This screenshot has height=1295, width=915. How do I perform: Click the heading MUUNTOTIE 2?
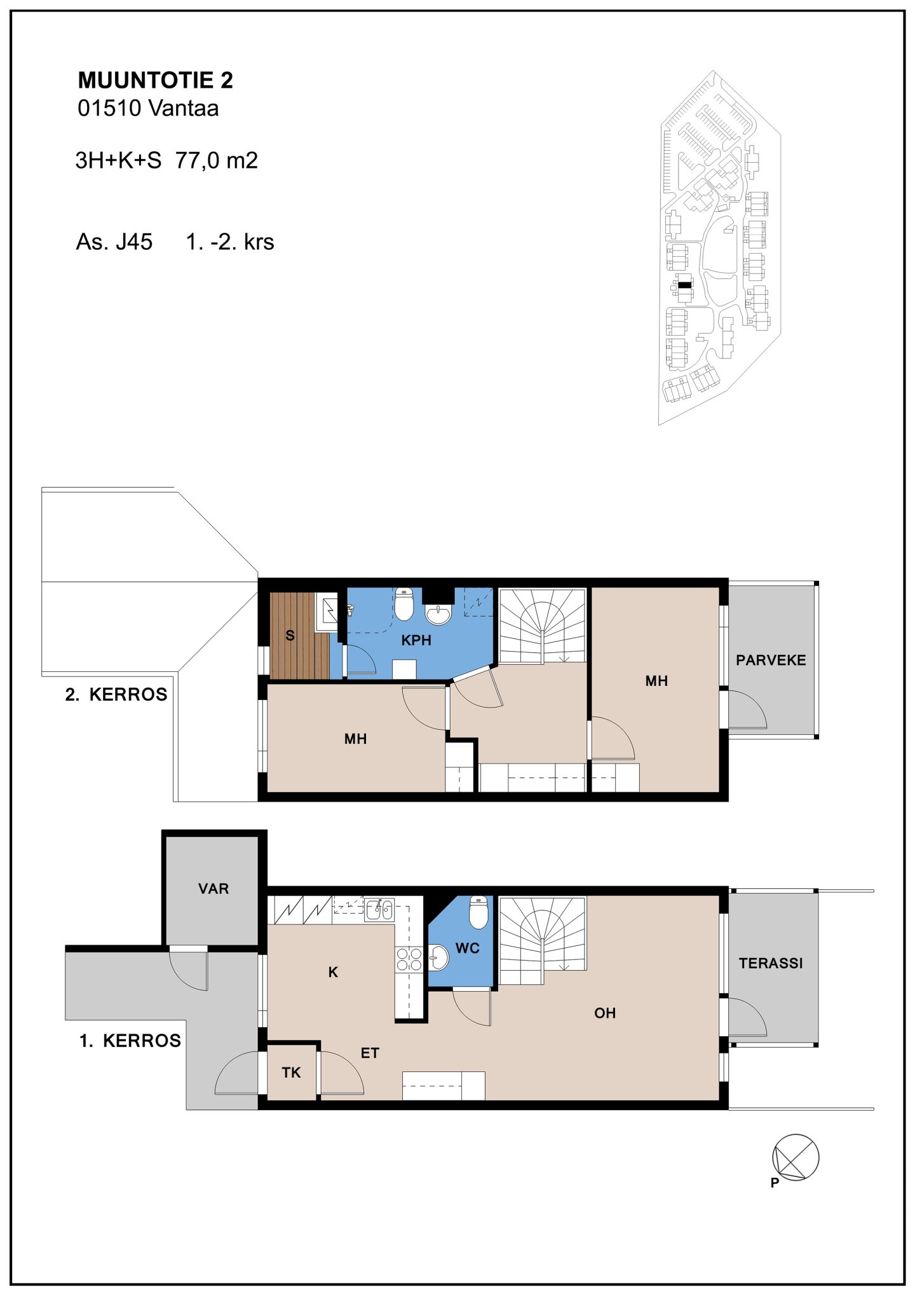155,80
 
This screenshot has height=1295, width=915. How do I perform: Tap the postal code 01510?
109,108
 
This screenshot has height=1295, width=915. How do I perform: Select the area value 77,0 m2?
217,161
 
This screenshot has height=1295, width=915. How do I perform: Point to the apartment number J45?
133,242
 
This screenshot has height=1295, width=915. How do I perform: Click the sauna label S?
290,635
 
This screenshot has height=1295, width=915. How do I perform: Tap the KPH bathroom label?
416,640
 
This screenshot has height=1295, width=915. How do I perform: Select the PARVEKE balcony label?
771,660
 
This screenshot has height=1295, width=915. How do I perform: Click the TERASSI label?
771,963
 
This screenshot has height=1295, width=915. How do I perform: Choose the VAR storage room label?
213,889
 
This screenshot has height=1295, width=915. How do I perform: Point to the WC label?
468,949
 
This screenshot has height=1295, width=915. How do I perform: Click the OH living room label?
605,1013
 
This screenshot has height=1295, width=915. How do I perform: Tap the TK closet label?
291,1073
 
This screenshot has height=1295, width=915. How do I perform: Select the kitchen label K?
333,972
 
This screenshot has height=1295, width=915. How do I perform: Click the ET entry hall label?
370,1053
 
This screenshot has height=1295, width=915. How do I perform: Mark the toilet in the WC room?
478,912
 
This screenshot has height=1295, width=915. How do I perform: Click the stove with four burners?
409,959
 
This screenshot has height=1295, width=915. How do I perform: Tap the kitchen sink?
379,910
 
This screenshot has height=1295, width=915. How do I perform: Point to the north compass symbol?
795,1158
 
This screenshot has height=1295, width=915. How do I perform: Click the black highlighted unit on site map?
684,285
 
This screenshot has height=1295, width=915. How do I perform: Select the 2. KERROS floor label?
116,694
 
